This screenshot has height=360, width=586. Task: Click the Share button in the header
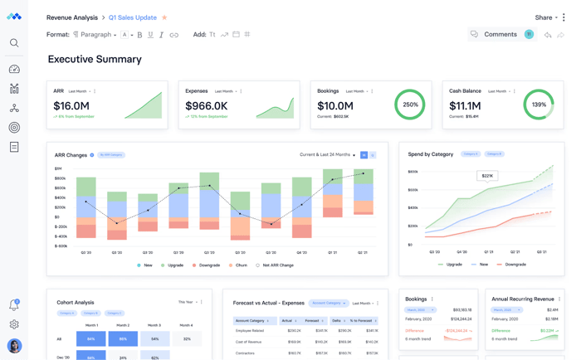tap(544, 17)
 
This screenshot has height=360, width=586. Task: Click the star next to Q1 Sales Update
tap(164, 17)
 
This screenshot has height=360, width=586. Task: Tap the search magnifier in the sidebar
tap(14, 43)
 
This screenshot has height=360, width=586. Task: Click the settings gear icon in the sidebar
tap(14, 324)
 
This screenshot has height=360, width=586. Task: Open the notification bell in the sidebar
tap(14, 305)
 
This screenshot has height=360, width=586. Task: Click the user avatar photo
tap(14, 345)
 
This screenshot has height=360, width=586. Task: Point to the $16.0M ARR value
tap(71, 106)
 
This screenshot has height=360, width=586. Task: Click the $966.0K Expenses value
tap(206, 106)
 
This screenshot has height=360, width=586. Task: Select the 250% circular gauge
tap(410, 105)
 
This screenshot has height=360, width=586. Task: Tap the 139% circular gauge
tap(539, 105)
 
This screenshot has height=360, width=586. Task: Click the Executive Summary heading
tap(95, 60)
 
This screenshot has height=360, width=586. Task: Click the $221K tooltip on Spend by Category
tap(487, 176)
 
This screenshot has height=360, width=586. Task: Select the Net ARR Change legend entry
tap(276, 265)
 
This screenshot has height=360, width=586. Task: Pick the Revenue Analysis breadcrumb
tap(72, 17)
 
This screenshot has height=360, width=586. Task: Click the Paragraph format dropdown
tap(95, 35)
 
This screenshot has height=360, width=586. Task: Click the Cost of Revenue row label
tap(249, 342)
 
